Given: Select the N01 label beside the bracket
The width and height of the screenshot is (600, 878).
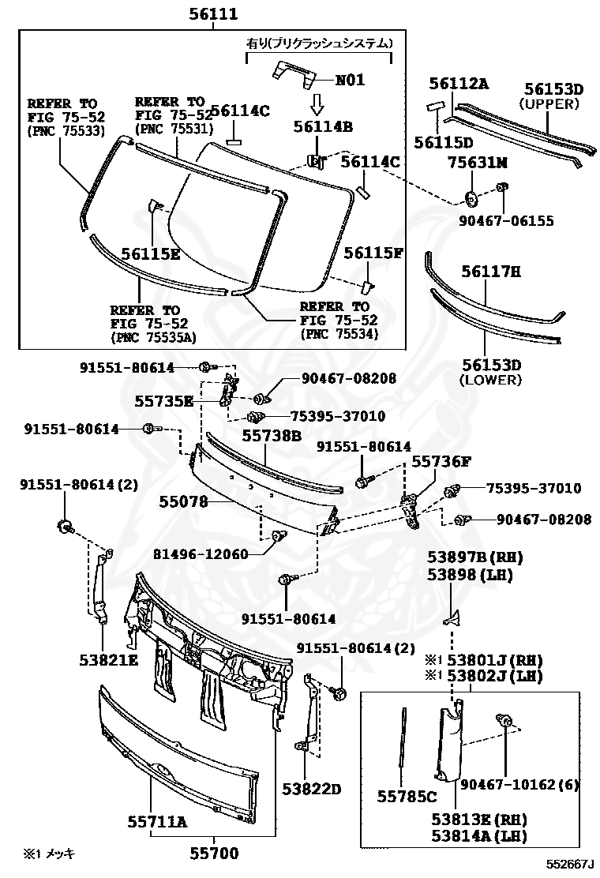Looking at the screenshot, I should [x=351, y=80].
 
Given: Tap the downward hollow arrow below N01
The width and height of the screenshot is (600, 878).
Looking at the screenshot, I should [x=316, y=103].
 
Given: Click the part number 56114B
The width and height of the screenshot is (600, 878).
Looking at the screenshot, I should [x=322, y=126].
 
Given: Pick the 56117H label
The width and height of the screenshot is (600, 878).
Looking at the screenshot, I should [x=491, y=272].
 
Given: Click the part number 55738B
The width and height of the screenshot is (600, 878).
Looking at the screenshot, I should [x=272, y=435].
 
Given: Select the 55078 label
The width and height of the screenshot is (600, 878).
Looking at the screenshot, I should [x=183, y=501].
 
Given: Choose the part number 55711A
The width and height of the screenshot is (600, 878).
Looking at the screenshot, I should [x=157, y=822].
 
